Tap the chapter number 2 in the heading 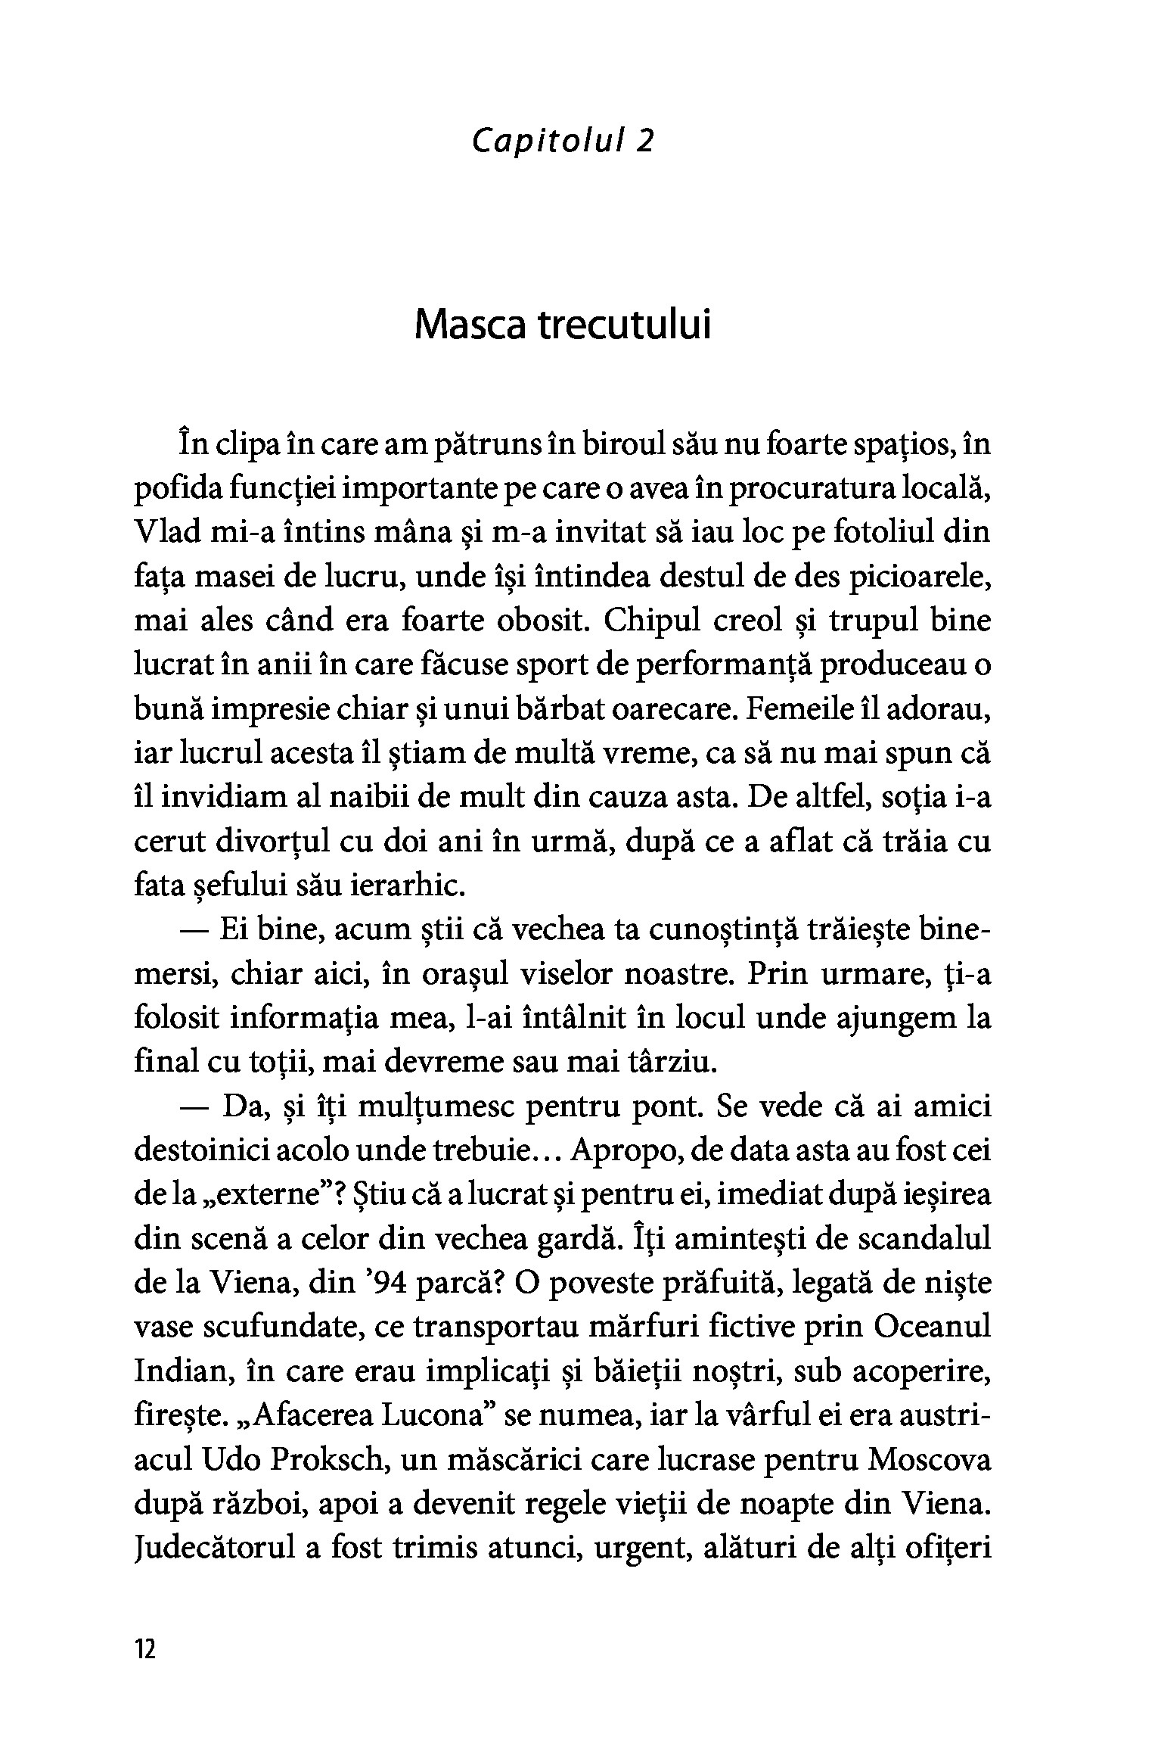[644, 142]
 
